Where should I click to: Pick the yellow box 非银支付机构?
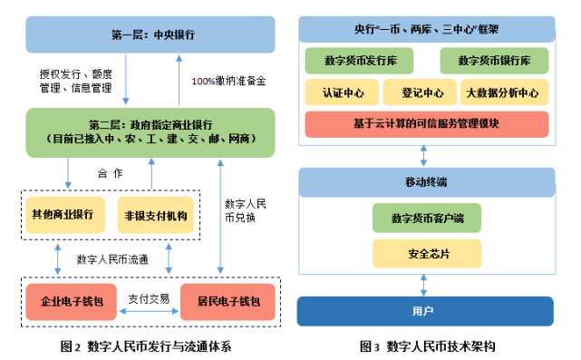pos(155,215)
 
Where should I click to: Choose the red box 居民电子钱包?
pos(223,300)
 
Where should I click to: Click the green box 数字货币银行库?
pos(494,62)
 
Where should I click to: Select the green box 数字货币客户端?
pos(425,218)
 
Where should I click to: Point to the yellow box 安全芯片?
pos(425,252)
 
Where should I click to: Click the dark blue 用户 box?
pos(425,311)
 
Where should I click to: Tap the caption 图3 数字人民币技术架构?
pos(427,345)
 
